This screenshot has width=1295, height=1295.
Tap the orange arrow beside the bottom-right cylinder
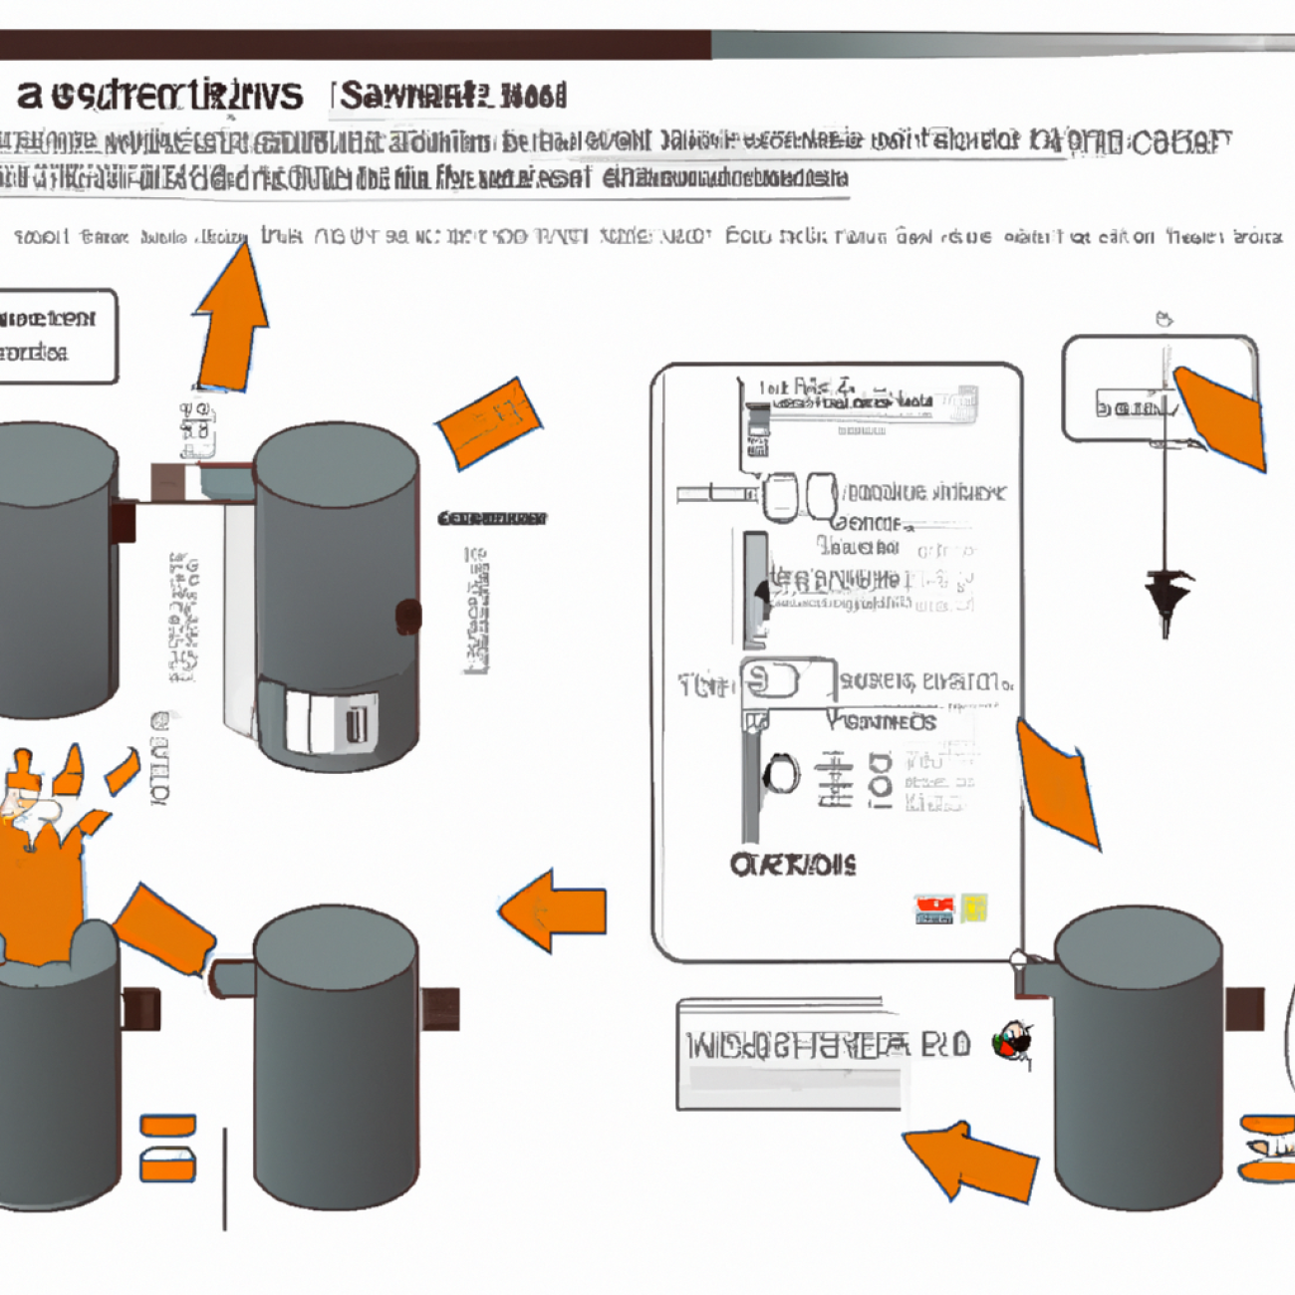[971, 1162]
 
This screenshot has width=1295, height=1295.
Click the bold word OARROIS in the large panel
[792, 865]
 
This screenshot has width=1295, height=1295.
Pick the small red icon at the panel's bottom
[933, 908]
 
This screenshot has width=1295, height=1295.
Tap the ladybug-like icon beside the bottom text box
[1013, 1043]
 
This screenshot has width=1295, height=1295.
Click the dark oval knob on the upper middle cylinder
[408, 617]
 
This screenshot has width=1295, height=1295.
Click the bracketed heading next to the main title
[453, 97]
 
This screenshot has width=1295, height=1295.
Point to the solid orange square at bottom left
[167, 1126]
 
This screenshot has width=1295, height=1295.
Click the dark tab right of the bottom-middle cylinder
[439, 1009]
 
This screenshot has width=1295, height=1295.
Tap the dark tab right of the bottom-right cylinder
[1244, 1008]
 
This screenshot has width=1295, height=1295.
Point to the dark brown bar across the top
[355, 45]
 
